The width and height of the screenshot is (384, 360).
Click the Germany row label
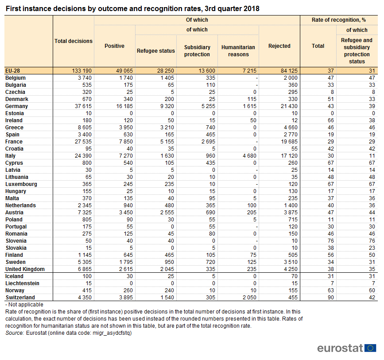[x=17, y=106]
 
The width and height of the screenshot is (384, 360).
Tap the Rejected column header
[x=279, y=46]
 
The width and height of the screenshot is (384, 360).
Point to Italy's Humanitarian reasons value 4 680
[x=249, y=156]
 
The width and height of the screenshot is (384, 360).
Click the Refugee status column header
[x=156, y=51]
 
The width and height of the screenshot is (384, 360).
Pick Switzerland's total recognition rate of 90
[x=330, y=298]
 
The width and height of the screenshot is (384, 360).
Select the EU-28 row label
[x=13, y=71]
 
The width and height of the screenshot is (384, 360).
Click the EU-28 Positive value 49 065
[x=124, y=71]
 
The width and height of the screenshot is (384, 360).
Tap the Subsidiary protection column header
[x=197, y=50]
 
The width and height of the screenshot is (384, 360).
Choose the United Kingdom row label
[x=25, y=269]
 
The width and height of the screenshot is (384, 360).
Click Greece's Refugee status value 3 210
[x=167, y=128]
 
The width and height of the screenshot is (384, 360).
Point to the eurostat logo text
[x=340, y=348]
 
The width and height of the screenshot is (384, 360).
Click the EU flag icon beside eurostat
[x=370, y=348]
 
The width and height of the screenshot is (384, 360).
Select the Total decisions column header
[x=74, y=41]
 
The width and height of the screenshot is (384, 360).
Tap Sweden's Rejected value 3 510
[x=291, y=262]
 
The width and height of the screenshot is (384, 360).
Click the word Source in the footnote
[x=15, y=333]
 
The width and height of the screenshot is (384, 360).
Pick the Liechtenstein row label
[x=22, y=283]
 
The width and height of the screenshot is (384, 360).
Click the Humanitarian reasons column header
[x=238, y=50]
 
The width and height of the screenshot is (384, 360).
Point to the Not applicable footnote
[x=24, y=305]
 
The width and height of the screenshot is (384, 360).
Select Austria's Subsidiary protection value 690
[x=211, y=213]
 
